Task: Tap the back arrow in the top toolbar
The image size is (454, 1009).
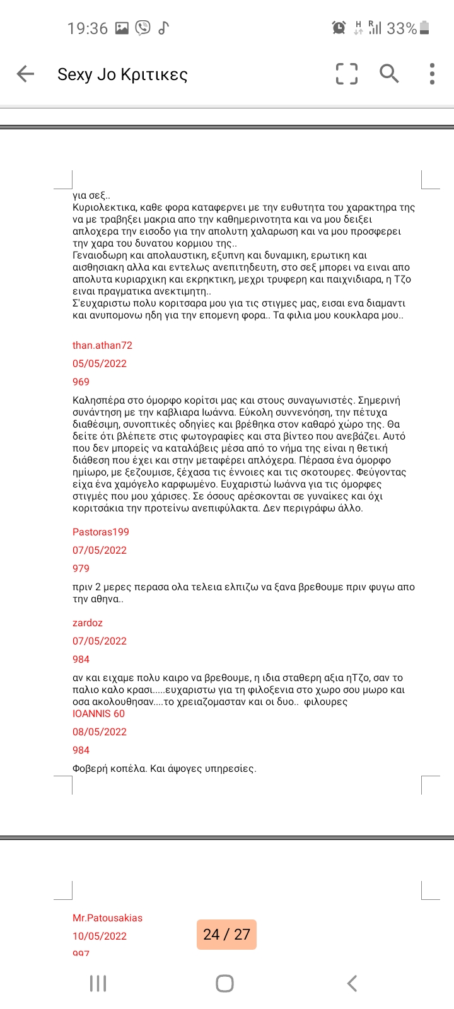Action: [x=25, y=74]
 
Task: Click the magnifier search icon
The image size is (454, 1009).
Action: [x=389, y=74]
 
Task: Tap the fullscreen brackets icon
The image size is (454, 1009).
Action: [x=346, y=74]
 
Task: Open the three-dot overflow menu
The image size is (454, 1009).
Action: [x=432, y=74]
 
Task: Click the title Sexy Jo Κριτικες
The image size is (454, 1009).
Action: [x=122, y=74]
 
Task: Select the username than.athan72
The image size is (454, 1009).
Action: [x=102, y=345]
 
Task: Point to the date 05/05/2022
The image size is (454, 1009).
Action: [x=100, y=363]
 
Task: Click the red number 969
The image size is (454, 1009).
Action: [x=81, y=382]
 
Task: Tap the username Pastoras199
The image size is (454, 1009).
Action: [x=101, y=532]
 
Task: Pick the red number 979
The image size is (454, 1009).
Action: [x=81, y=568]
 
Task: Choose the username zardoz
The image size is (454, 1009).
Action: [x=88, y=622]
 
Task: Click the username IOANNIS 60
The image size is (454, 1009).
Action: [x=99, y=713]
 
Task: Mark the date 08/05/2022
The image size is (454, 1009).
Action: [x=100, y=732]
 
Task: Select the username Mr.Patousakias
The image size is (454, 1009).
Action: [x=108, y=918]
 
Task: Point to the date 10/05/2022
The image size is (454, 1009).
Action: [x=100, y=936]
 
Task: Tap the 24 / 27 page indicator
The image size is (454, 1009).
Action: [x=227, y=934]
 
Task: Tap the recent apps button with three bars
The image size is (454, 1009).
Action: [x=98, y=983]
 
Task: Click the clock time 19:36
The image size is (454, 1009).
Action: [x=88, y=28]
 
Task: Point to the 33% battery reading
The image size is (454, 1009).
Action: [x=402, y=28]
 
